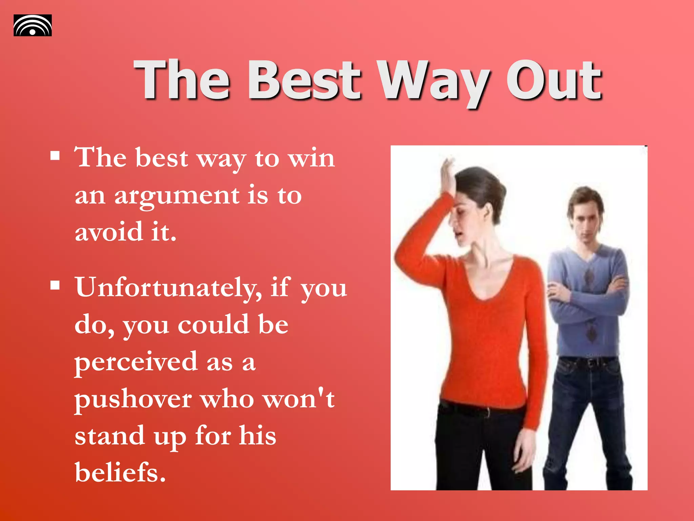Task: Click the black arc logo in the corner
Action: [33, 25]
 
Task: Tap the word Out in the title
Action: [554, 80]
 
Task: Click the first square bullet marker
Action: [55, 156]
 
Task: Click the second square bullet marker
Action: [55, 285]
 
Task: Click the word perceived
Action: [136, 363]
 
